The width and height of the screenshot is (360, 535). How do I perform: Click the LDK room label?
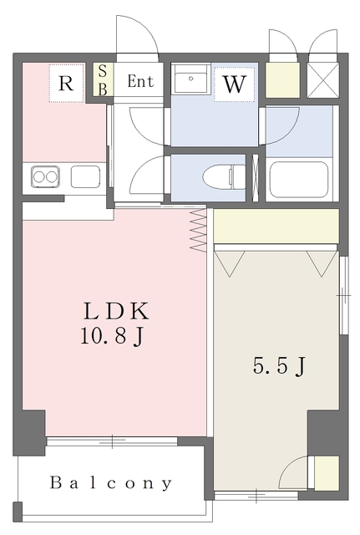[115, 311]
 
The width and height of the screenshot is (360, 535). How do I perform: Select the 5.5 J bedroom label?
[276, 366]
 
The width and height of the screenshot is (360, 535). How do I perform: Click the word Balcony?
[111, 483]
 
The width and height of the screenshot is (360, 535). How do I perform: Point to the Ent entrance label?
[140, 82]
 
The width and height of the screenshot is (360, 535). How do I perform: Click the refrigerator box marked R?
[66, 83]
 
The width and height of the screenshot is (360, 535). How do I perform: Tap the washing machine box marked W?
[234, 84]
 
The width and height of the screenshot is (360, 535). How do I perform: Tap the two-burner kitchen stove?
[45, 176]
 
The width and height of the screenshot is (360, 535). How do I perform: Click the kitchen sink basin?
[85, 176]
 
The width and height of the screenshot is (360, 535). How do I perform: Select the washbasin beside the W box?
[194, 81]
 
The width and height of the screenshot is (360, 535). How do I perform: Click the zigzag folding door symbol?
[198, 230]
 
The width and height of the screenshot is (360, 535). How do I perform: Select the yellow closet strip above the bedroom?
[276, 226]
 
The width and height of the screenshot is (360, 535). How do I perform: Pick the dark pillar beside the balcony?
[30, 432]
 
